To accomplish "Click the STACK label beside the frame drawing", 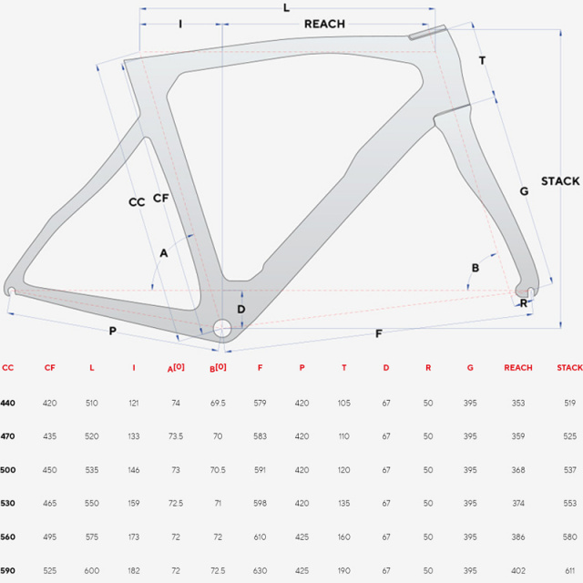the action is click(560, 181).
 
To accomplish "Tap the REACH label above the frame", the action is click(324, 25).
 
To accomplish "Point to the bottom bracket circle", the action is click(222, 328).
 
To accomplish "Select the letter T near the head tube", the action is click(482, 60).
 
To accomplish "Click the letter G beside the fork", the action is click(524, 191).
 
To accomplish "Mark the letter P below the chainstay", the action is click(113, 331).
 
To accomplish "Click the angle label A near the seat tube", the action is click(164, 253).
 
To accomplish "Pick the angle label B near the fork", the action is click(476, 268).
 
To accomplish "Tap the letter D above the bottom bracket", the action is click(240, 309).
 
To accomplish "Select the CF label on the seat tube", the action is click(161, 199).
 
